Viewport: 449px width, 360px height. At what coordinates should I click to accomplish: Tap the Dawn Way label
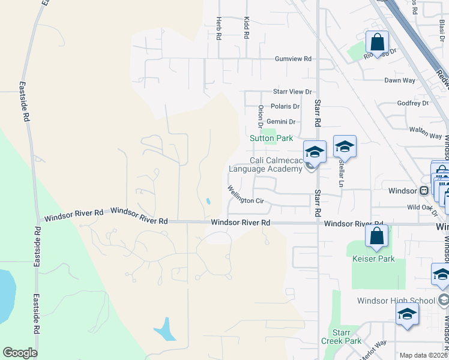[x=400, y=80]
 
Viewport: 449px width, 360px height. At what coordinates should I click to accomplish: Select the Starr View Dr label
[x=292, y=92]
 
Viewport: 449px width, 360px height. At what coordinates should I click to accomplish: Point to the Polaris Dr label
[x=285, y=106]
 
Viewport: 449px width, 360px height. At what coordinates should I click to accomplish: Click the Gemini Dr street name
[x=285, y=122]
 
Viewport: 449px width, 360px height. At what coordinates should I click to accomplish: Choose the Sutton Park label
[x=271, y=138]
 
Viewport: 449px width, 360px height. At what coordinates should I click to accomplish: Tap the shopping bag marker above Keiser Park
[x=376, y=236]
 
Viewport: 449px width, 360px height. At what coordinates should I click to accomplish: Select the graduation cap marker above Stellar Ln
[x=345, y=146]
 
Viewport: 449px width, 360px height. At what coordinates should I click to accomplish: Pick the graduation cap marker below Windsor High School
[x=407, y=314]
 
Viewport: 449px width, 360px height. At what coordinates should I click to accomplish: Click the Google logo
[x=20, y=353]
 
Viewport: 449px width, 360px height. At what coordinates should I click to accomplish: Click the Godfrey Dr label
[x=413, y=103]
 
